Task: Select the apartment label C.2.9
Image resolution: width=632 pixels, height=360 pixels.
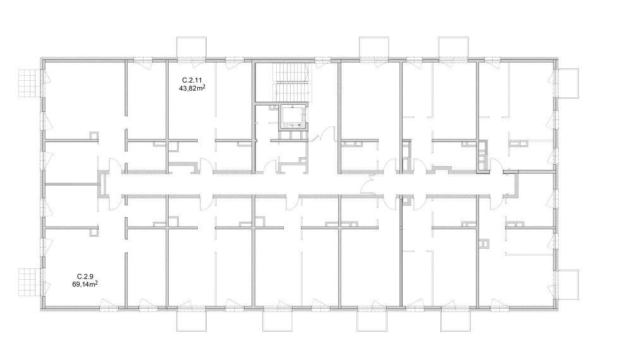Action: pyautogui.click(x=85, y=277)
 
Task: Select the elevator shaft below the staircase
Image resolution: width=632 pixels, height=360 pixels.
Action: pyautogui.click(x=293, y=117)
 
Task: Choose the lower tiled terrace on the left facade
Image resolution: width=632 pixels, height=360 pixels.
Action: pyautogui.click(x=30, y=281)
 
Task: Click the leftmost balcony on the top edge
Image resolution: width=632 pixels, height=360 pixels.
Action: pyautogui.click(x=191, y=47)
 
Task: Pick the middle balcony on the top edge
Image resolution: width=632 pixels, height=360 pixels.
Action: pyautogui.click(x=374, y=47)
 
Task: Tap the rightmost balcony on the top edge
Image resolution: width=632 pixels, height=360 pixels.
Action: pyautogui.click(x=453, y=47)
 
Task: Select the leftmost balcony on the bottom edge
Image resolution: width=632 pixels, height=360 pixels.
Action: pyautogui.click(x=192, y=321)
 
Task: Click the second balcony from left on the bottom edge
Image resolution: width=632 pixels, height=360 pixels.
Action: pyautogui.click(x=277, y=321)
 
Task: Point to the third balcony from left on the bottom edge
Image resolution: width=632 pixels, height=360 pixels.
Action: pyautogui.click(x=372, y=321)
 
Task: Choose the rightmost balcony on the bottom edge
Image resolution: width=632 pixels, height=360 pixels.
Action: pyautogui.click(x=456, y=321)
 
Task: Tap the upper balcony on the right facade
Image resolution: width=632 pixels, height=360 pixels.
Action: pyautogui.click(x=568, y=83)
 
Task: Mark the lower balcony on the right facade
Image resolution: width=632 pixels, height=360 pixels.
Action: pyautogui.click(x=568, y=284)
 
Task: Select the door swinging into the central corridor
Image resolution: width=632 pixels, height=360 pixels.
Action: pyautogui.click(x=368, y=185)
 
